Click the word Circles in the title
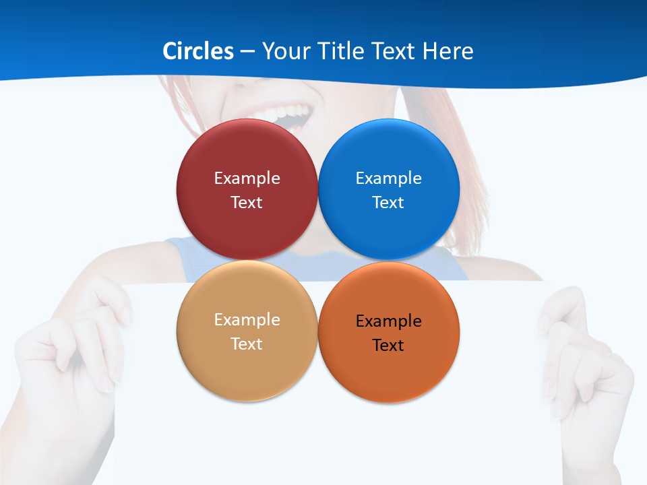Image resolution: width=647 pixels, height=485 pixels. pos(197,51)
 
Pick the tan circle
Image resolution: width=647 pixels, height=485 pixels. pos(247,370)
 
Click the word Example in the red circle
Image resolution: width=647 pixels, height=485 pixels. pos(247,179)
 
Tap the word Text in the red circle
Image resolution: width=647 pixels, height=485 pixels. pos(247,203)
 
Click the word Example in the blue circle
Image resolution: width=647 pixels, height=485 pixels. pos(389,179)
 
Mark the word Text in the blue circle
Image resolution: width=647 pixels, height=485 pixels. pos(389,203)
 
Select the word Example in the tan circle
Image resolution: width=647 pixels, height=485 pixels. pos(247,320)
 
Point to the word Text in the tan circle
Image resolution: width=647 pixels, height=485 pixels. pos(247,344)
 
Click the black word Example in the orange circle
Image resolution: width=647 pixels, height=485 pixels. pos(389,321)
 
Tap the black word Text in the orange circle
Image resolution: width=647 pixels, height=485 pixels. pos(389,346)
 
